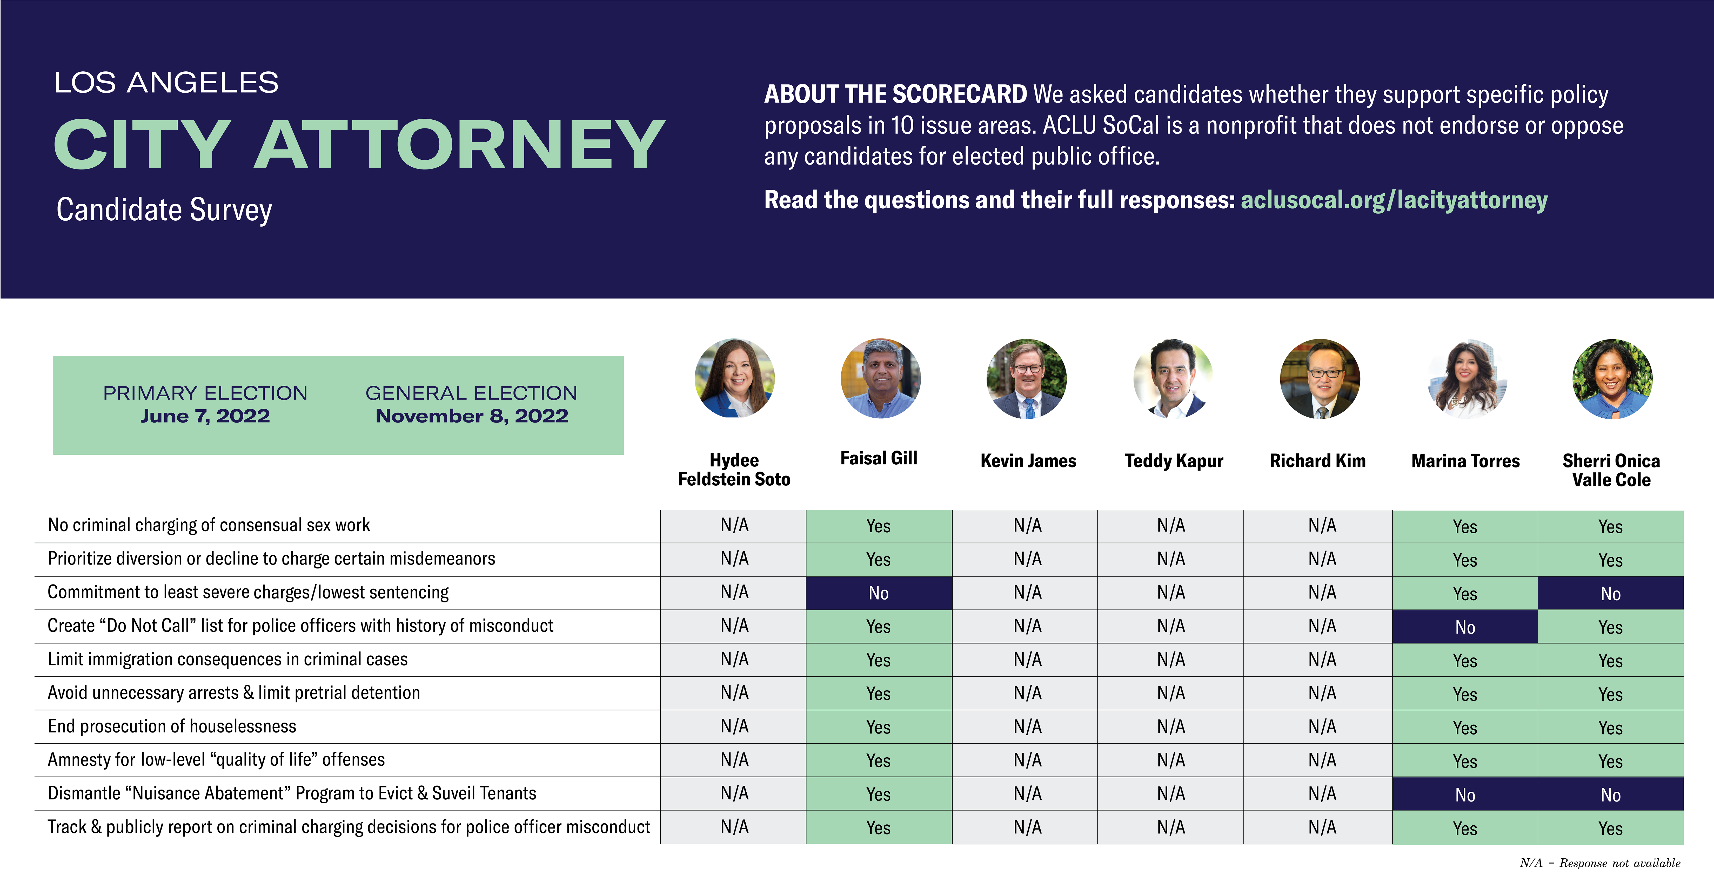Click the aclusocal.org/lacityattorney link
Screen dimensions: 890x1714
pos(1394,200)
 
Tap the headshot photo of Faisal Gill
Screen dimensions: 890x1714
pos(880,378)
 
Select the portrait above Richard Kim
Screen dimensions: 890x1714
pos(1320,378)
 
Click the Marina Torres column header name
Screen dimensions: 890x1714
pos(1465,461)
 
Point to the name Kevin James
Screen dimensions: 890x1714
pos(1028,461)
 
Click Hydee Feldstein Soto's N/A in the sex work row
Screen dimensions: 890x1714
pos(734,526)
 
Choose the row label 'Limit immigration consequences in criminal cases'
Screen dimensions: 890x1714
pos(227,659)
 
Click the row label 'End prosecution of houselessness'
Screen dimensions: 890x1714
pos(172,726)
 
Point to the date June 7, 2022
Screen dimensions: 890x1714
pos(205,416)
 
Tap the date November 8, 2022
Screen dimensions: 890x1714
pos(472,416)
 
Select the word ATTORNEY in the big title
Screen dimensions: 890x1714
pos(459,144)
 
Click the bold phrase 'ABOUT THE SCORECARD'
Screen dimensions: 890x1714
pos(895,94)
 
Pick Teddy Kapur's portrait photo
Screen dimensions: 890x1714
pos(1173,378)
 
